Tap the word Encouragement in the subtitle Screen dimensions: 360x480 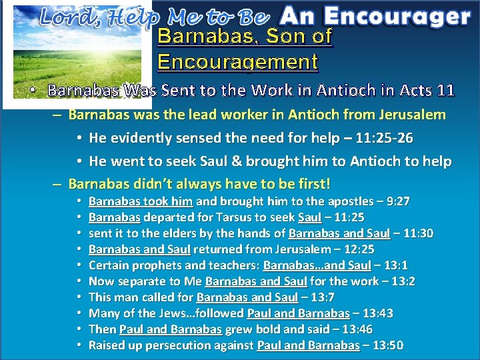[x=237, y=62]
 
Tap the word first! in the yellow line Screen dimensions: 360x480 [x=311, y=183]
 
